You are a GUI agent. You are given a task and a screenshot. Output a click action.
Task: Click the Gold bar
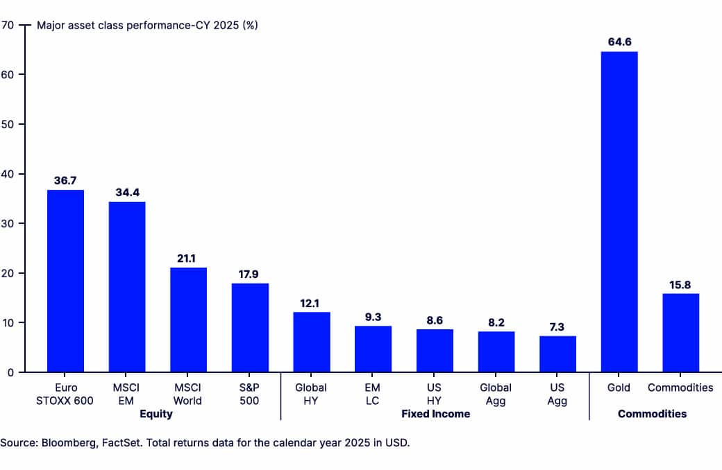tap(619, 211)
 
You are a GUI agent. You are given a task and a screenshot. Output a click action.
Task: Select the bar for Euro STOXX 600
tap(65, 281)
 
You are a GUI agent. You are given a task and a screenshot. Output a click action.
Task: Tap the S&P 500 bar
tap(250, 327)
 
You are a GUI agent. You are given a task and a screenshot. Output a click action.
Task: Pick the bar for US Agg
tap(557, 354)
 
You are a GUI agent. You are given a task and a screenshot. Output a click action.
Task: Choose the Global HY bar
tap(311, 342)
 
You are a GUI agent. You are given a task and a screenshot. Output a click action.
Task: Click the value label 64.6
tap(619, 42)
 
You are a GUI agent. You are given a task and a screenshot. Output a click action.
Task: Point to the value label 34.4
tap(127, 192)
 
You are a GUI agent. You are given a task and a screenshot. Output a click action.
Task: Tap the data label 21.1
tap(188, 258)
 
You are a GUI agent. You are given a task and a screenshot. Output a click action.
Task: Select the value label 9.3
tap(373, 316)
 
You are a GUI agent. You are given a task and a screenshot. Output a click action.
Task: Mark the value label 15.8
tap(680, 284)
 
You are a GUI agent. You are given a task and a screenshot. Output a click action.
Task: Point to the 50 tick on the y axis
tap(8, 124)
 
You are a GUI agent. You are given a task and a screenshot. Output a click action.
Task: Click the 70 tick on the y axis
tap(8, 25)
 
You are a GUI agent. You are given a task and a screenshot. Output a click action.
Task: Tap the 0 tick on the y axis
tap(10, 372)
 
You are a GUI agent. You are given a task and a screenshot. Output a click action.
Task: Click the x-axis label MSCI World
tap(188, 394)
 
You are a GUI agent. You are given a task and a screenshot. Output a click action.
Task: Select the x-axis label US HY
tap(435, 394)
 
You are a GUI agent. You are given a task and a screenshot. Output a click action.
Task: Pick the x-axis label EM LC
tap(373, 394)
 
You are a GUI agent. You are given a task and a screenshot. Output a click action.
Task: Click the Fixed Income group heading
tap(435, 414)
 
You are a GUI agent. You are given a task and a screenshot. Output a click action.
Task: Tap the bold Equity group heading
tap(156, 414)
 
